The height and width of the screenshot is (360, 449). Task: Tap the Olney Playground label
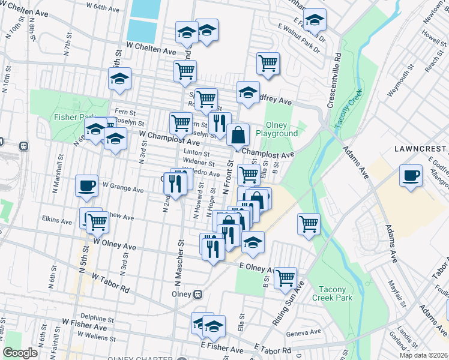tap(277, 128)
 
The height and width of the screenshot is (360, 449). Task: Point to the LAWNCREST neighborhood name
tap(421, 148)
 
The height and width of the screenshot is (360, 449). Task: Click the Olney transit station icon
tap(197, 295)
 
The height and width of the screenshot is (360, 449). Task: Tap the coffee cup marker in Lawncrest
tap(411, 175)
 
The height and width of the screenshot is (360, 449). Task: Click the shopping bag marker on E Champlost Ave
tap(238, 134)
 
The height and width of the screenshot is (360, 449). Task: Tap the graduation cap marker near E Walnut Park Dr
tap(314, 20)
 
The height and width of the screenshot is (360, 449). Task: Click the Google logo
tap(20, 353)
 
